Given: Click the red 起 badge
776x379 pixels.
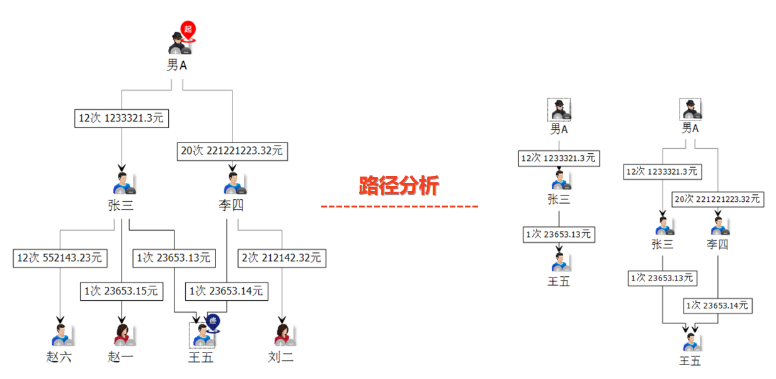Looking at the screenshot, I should (x=188, y=29).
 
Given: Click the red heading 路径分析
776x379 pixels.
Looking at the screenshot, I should (x=399, y=186).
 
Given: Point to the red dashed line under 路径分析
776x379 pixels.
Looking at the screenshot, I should (x=399, y=206).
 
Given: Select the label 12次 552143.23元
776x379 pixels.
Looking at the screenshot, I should (x=60, y=258).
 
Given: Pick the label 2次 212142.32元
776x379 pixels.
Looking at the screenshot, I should (x=282, y=258).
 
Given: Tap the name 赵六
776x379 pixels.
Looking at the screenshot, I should (x=59, y=357).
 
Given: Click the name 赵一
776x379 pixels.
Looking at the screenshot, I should (x=120, y=357).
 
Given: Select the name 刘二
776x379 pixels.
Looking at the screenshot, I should (x=281, y=357).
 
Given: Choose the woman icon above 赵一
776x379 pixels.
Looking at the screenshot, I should (x=123, y=335).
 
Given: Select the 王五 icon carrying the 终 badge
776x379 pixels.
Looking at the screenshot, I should (x=202, y=335).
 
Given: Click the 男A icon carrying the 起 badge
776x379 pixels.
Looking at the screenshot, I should (x=179, y=42).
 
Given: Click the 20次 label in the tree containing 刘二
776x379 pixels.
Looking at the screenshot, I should (x=232, y=151).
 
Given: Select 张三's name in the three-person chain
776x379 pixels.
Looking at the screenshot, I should (x=559, y=199).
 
